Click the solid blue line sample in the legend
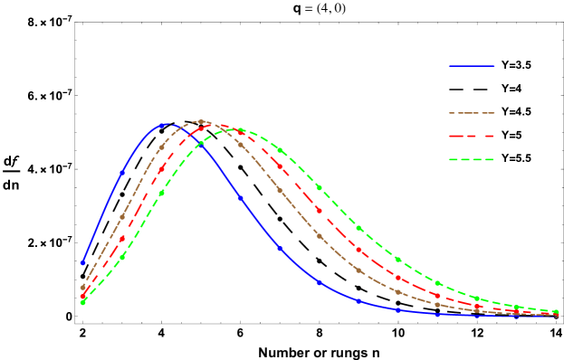(x=472, y=66)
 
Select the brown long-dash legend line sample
(x=472, y=113)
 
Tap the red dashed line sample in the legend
(x=472, y=137)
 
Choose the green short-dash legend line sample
(x=472, y=160)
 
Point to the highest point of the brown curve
(x=201, y=121)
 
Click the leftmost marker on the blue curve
(x=82, y=262)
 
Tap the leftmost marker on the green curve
(x=82, y=302)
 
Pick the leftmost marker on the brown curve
(x=82, y=288)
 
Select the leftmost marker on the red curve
(x=82, y=296)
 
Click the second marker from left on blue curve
(x=122, y=172)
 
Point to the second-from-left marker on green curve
(x=122, y=257)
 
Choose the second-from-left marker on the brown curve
(x=122, y=217)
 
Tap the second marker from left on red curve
(x=122, y=239)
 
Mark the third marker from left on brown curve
(x=161, y=147)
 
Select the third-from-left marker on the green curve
(x=161, y=193)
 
